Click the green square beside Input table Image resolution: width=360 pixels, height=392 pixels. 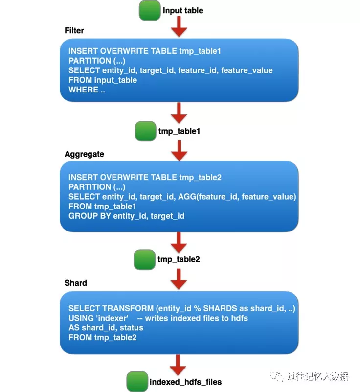150,10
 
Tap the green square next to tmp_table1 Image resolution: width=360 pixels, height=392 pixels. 145,131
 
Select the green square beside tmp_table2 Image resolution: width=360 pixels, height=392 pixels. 145,258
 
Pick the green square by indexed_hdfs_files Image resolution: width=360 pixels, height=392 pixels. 137,381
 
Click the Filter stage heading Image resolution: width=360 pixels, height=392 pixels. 74,30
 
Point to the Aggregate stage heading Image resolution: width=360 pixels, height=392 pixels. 84,154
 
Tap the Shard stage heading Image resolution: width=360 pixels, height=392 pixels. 76,283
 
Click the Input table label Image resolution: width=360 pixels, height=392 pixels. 183,10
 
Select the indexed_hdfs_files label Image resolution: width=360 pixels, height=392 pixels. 185,381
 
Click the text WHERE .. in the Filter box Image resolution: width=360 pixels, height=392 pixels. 87,90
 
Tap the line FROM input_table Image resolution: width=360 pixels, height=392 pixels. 103,80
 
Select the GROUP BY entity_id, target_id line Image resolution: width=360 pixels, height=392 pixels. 126,216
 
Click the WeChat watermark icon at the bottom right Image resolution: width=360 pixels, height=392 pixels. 279,376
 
